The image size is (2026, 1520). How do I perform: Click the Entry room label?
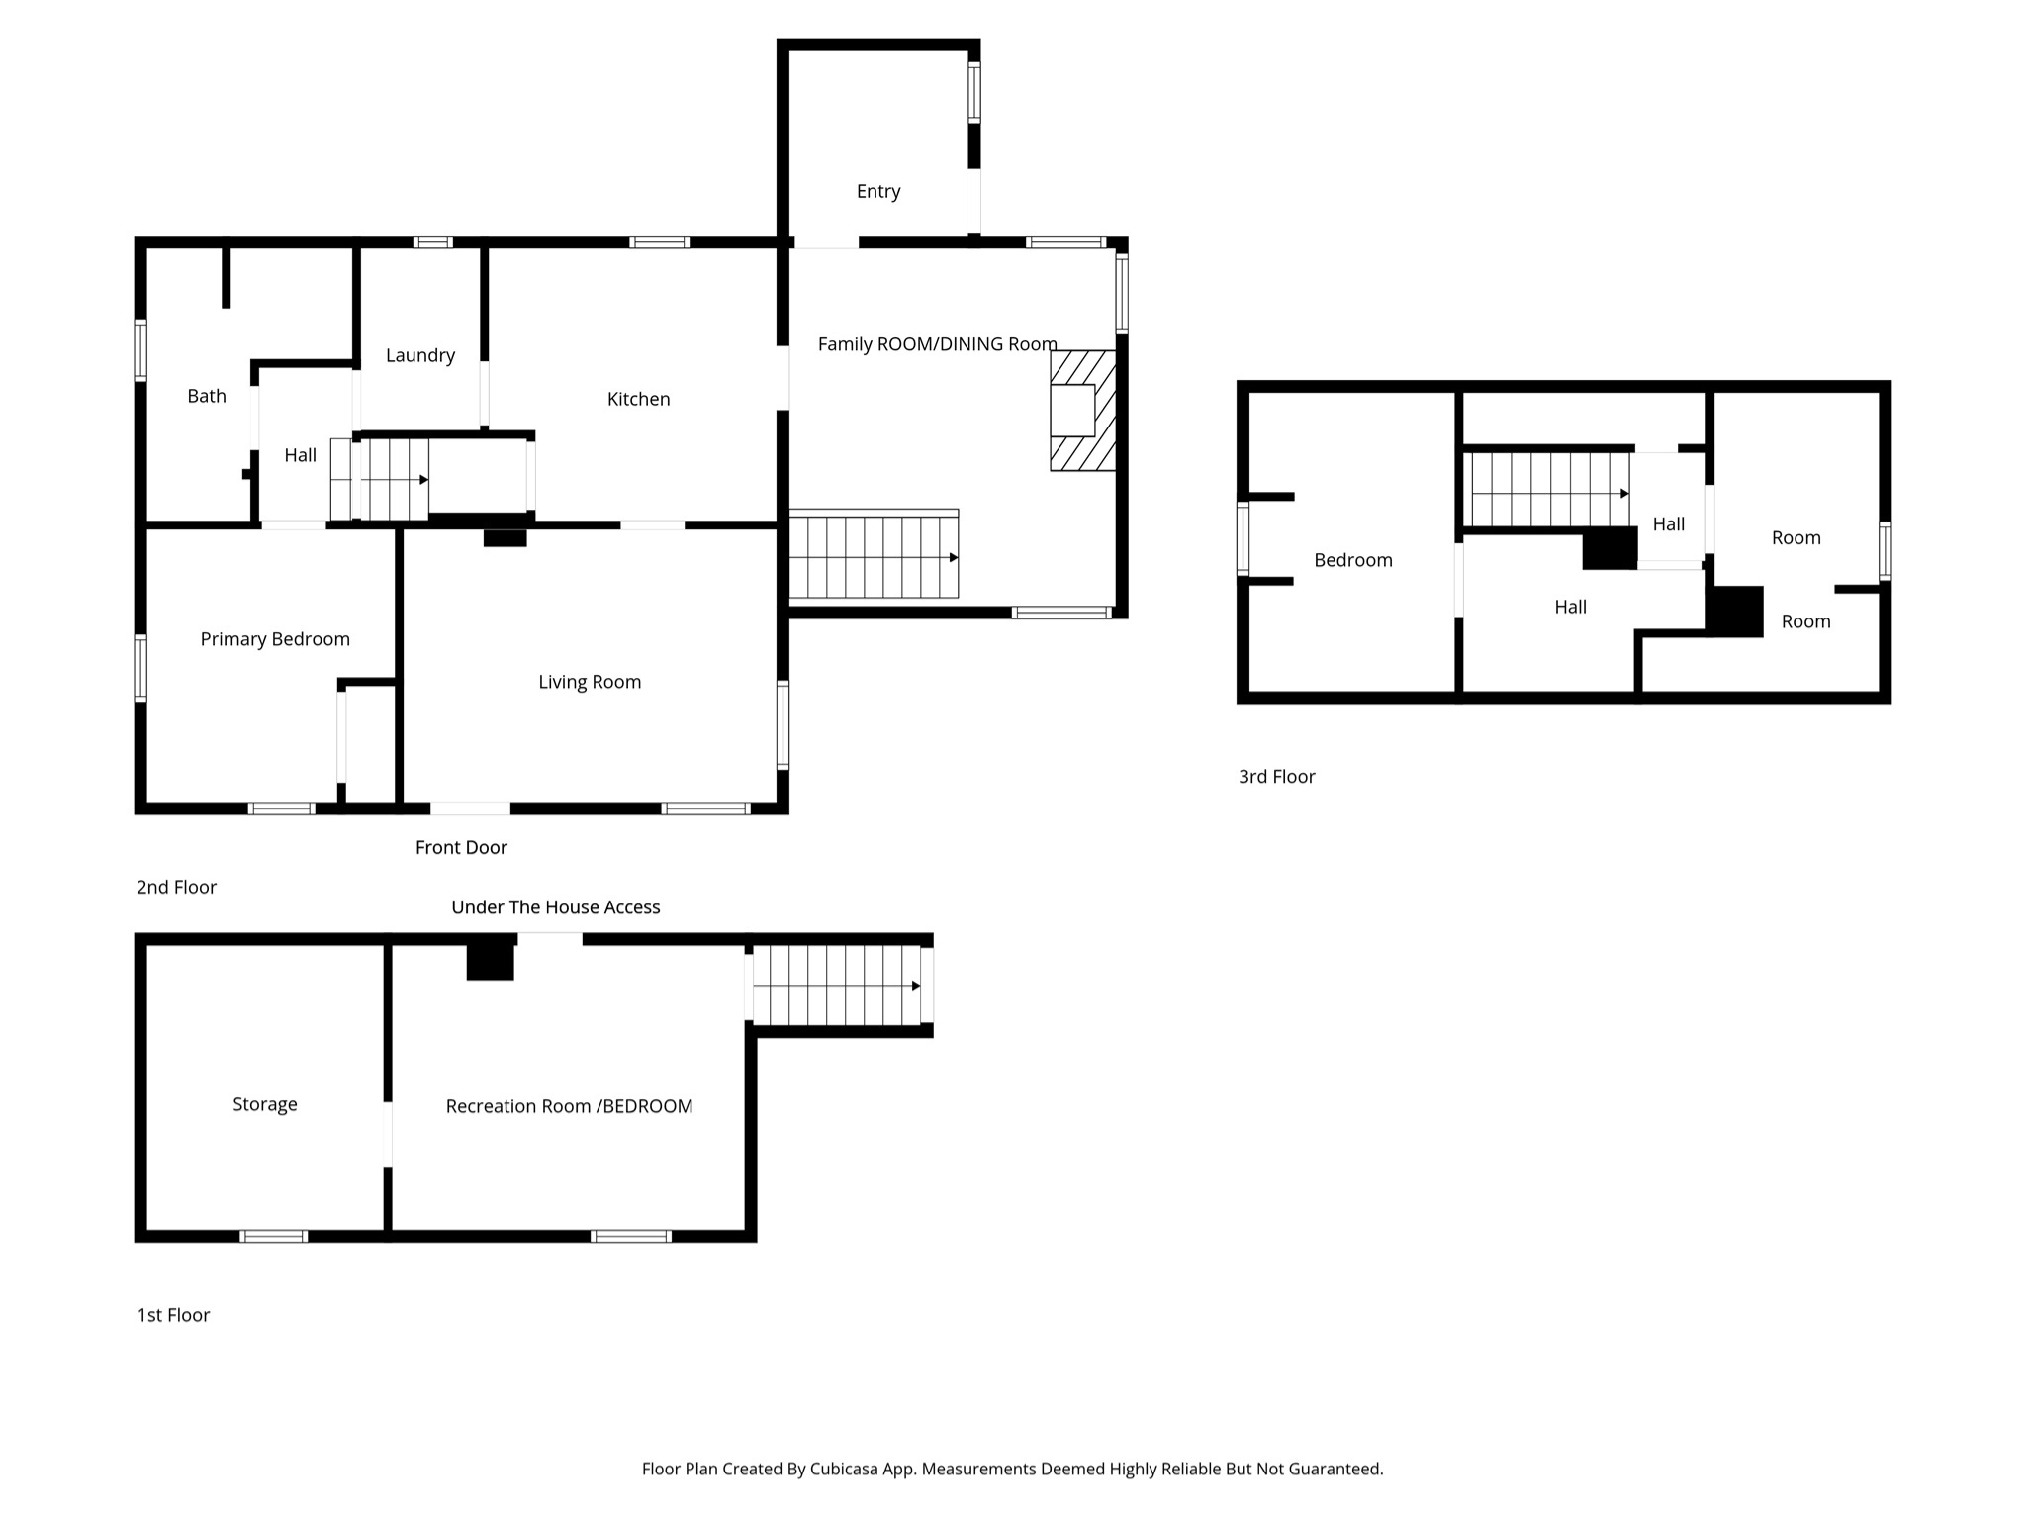coord(877,191)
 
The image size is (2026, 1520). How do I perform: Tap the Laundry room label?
coord(419,355)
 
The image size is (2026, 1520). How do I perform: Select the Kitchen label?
coord(638,399)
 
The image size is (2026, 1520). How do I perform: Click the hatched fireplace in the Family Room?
coord(1083,410)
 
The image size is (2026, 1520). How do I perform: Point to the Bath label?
coord(207,396)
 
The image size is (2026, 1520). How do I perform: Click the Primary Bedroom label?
coord(275,639)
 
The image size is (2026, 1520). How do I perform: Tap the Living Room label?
coord(590,682)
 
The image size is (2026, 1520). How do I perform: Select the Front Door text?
coord(461,847)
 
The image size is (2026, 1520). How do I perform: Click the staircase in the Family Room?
coord(874,556)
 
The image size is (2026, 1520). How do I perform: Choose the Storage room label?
coord(264,1104)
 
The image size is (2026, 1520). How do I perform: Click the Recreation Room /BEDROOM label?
coord(569,1106)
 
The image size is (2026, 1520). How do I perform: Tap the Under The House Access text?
coord(555,907)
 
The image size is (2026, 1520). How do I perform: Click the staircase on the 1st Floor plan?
coord(837,986)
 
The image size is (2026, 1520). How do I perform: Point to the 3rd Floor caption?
coord(1276,777)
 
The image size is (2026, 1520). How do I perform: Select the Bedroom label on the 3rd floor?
coord(1352,560)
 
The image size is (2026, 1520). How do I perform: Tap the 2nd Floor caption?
coord(176,887)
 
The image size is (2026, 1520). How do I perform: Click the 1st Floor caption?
coord(173,1315)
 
